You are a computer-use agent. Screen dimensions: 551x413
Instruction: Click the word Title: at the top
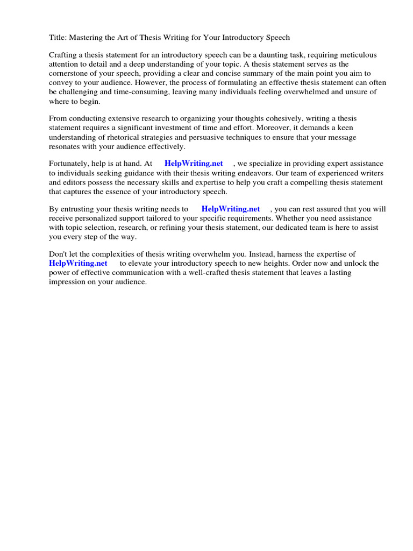coord(58,38)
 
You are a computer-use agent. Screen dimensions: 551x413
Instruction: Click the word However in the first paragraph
coord(175,83)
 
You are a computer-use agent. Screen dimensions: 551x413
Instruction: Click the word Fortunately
coord(69,164)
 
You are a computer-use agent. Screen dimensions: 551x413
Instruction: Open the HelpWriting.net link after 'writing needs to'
coord(231,209)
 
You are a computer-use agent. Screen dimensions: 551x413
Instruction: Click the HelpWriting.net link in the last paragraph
coord(78,264)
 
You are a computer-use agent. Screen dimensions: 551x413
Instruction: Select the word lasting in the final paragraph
coord(339,273)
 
